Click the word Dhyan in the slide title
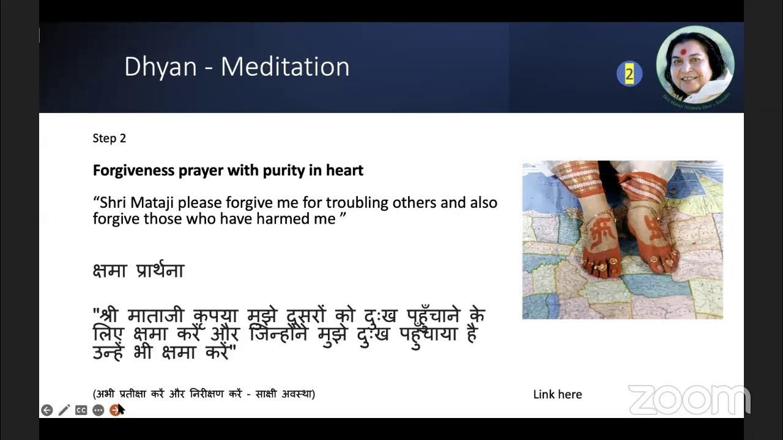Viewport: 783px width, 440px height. [x=160, y=67]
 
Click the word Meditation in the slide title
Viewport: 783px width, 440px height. [x=285, y=67]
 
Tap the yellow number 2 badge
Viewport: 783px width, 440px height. [x=629, y=75]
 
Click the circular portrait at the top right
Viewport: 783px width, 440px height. [x=695, y=65]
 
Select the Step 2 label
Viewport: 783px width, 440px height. [x=109, y=138]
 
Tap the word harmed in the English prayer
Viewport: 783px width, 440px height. [x=288, y=219]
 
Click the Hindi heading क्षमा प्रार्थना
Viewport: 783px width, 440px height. [x=138, y=271]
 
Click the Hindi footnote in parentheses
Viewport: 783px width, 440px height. [x=204, y=394]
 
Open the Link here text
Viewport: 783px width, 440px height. [x=557, y=395]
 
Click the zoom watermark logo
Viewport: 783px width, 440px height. [x=689, y=400]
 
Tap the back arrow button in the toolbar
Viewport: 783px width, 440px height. [x=47, y=410]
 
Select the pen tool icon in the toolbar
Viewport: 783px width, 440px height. [x=64, y=410]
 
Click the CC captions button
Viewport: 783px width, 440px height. [x=81, y=410]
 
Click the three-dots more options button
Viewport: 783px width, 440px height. [x=98, y=410]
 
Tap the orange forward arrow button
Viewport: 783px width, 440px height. [x=114, y=410]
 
